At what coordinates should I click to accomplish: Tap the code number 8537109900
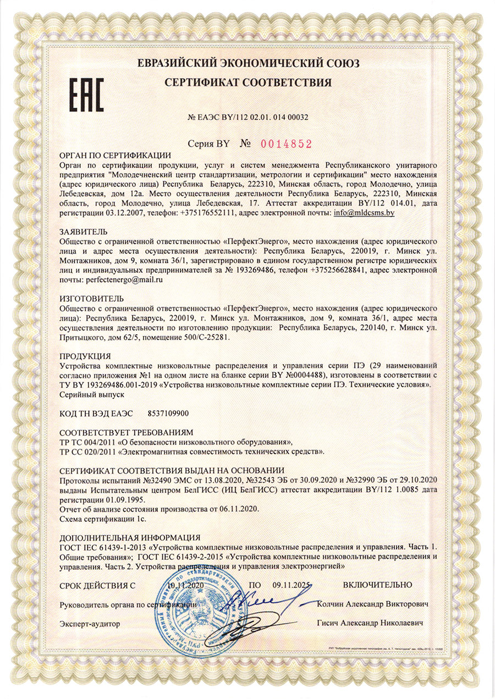[x=173, y=414]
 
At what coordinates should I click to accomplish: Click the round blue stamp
[x=193, y=610]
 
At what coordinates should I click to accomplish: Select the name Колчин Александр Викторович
[x=373, y=604]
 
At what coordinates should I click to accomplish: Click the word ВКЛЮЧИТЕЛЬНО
[x=377, y=585]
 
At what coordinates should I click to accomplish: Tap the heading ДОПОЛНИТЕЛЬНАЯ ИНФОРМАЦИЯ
[x=130, y=537]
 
